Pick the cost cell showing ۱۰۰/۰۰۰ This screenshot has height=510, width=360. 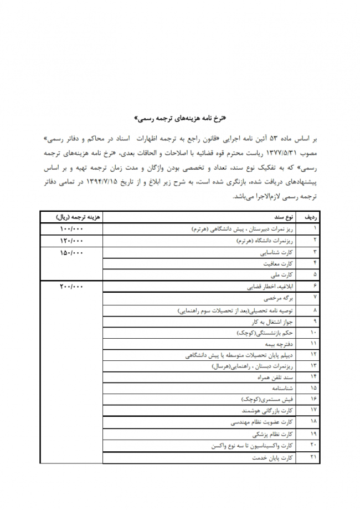point(70,228)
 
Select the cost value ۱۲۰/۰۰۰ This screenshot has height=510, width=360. point(70,241)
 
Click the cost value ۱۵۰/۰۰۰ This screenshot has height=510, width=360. point(70,253)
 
